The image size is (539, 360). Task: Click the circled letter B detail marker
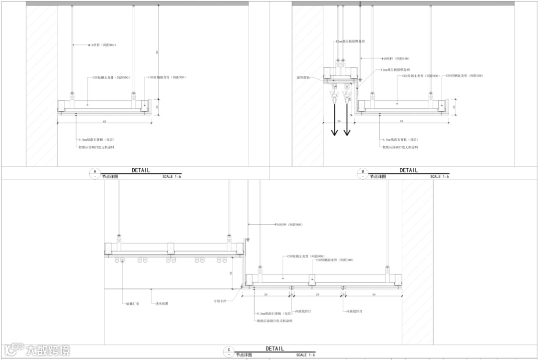click(x=362, y=173)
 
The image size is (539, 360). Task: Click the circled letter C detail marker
click(x=229, y=352)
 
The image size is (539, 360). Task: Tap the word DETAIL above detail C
click(x=274, y=349)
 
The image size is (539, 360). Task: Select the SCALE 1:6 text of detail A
click(x=171, y=177)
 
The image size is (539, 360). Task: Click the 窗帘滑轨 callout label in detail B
click(x=303, y=78)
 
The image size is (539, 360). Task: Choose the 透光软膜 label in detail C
click(x=161, y=303)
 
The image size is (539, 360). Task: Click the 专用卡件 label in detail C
click(x=220, y=301)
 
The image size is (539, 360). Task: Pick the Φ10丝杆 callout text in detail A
click(x=102, y=45)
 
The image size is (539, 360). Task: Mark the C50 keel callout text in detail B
click(x=421, y=76)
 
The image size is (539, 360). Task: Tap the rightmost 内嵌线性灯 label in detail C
click(x=354, y=311)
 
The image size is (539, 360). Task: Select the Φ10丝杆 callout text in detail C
click(x=289, y=225)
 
